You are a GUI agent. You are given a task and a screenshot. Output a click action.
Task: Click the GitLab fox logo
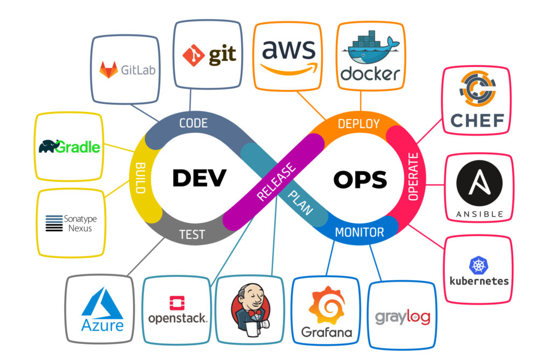tap(109, 69)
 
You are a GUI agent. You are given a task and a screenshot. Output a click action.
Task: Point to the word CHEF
tap(477, 120)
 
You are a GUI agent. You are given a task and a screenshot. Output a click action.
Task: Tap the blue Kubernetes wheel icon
tap(478, 265)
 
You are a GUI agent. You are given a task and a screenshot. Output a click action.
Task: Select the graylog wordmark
tap(402, 316)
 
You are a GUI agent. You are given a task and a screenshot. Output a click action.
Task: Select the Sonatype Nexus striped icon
tap(54, 223)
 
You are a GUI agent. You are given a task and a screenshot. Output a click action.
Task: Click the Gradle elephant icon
tap(47, 146)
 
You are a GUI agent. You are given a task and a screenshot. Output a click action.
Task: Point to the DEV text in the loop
tap(199, 178)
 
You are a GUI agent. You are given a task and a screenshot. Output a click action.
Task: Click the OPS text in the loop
tap(359, 180)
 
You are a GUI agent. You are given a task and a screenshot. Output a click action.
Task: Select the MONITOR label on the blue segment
tap(359, 232)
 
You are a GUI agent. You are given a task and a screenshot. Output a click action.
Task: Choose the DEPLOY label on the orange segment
tap(358, 124)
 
